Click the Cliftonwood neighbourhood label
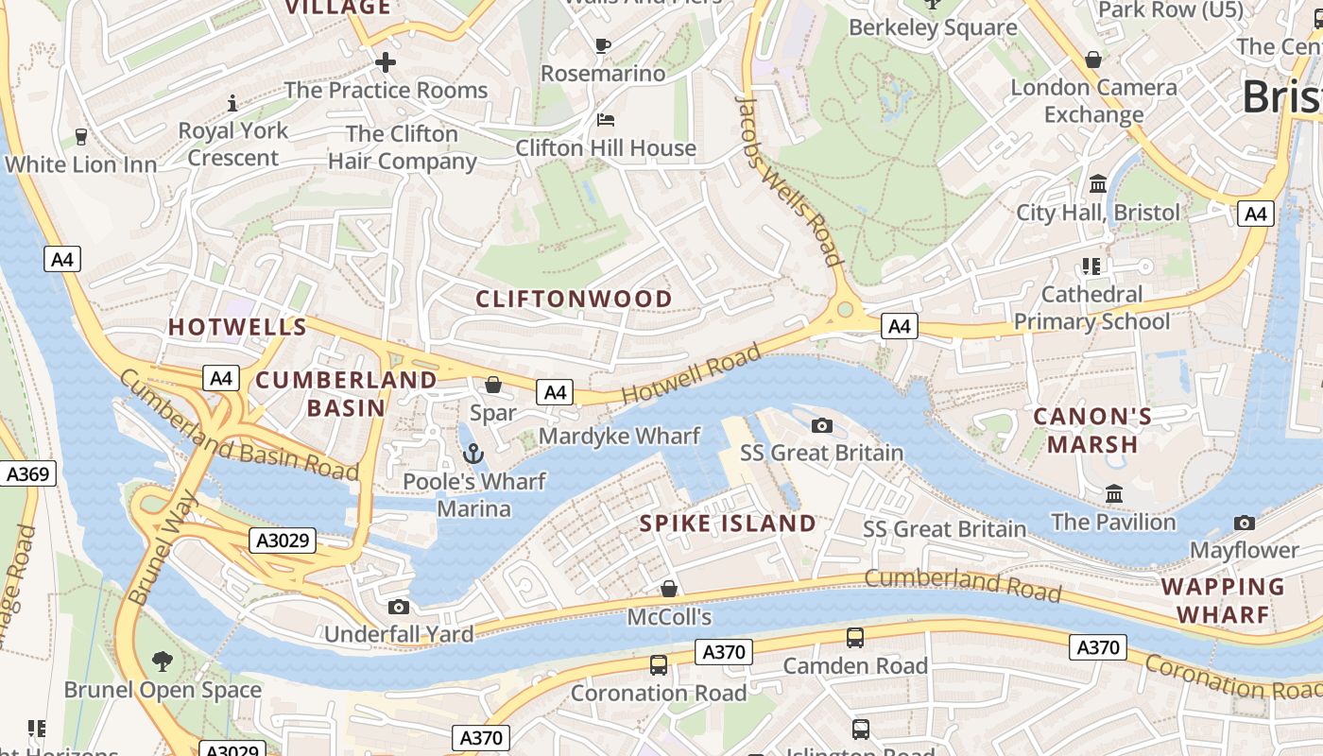point(574,300)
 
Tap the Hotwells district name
point(237,328)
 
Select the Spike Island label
point(728,524)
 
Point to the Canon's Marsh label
point(1092,430)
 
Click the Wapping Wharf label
point(1223,600)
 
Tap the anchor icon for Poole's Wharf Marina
point(473,455)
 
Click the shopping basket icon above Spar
point(493,385)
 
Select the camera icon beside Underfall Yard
point(399,607)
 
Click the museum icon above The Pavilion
point(1114,494)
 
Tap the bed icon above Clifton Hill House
point(606,120)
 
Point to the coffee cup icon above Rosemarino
point(603,45)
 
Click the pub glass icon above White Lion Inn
point(81,137)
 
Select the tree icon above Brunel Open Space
point(163,661)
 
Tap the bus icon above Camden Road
point(855,638)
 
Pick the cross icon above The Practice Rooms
point(386,63)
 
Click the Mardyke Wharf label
point(619,436)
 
